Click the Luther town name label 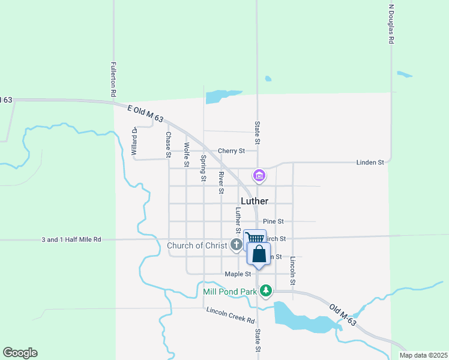click(254, 201)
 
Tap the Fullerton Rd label click(113, 80)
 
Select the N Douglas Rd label click(391, 24)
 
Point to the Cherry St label click(231, 151)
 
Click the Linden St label click(370, 162)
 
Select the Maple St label click(238, 274)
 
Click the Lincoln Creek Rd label click(231, 314)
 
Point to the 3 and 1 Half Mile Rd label click(71, 239)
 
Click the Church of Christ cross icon click(237, 245)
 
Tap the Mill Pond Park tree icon click(266, 291)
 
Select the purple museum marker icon click(259, 176)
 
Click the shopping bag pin click(259, 254)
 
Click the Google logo click(20, 353)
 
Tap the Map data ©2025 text click(423, 355)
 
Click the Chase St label click(169, 145)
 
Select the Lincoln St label click(293, 270)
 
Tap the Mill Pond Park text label click(230, 292)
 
